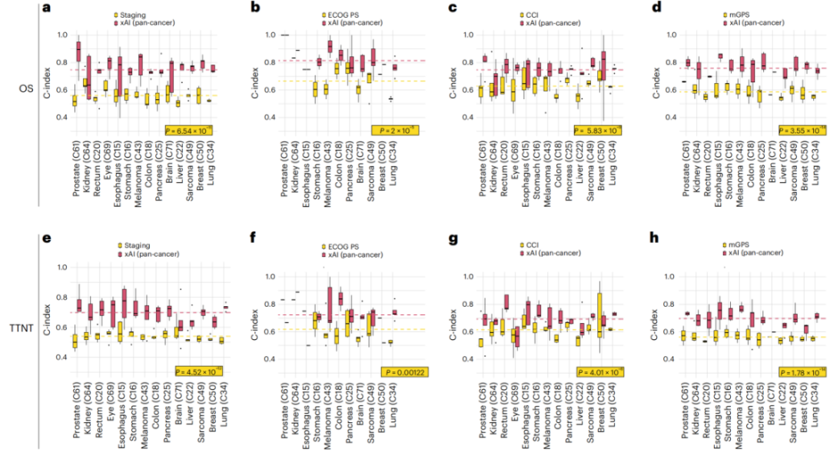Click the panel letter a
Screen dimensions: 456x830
point(48,8)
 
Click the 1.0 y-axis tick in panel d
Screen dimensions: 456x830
point(670,35)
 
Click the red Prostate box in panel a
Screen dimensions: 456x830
point(78,52)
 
